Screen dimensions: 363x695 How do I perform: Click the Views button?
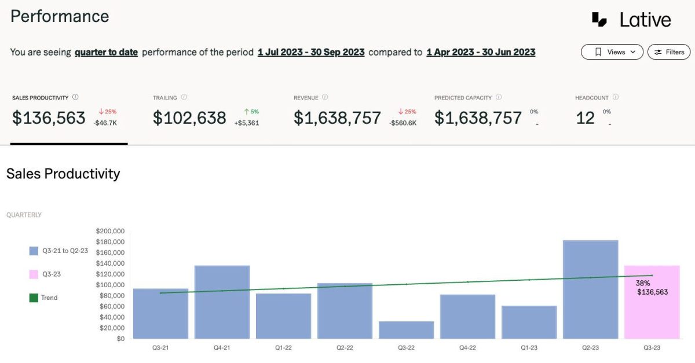(x=612, y=52)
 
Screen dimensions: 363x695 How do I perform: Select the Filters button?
(x=669, y=52)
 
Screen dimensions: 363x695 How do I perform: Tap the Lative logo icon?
(x=599, y=20)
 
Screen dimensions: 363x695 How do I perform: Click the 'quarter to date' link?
(x=106, y=52)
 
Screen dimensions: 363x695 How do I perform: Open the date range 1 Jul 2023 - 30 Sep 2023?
(x=311, y=52)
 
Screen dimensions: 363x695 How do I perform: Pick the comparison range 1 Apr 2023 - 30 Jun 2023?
(x=481, y=52)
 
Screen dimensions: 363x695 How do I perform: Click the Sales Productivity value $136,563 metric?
(x=49, y=118)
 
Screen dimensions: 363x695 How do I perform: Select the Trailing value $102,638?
(x=189, y=118)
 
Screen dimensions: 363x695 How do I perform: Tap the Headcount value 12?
(x=585, y=118)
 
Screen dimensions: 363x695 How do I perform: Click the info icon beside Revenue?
(x=325, y=97)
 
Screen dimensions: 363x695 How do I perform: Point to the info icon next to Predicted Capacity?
(x=499, y=97)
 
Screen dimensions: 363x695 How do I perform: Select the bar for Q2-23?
(x=590, y=289)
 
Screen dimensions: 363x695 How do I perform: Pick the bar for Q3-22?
(x=406, y=330)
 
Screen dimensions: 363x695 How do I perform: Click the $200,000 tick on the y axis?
(x=109, y=231)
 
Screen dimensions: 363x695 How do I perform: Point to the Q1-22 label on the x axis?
(x=283, y=347)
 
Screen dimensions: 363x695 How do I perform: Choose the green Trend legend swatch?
(x=34, y=298)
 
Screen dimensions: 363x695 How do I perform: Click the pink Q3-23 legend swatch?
(x=34, y=274)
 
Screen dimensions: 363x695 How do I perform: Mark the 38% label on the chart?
(x=643, y=283)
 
